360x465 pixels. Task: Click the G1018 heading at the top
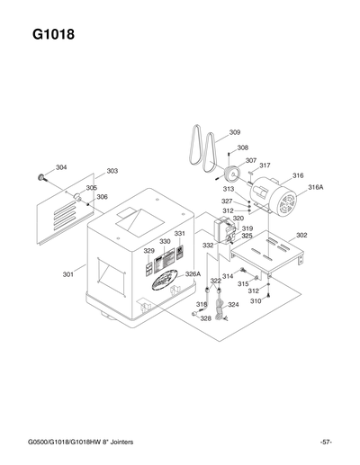click(53, 37)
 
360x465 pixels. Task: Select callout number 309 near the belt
click(235, 133)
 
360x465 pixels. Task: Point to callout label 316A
click(315, 187)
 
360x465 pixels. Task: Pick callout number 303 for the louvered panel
click(112, 171)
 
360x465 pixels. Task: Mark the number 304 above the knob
click(61, 167)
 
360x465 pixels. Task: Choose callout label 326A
click(193, 274)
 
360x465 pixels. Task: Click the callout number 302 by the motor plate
click(301, 236)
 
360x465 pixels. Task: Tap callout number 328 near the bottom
click(206, 318)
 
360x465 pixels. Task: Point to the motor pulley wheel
click(231, 175)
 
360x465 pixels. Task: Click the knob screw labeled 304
click(41, 176)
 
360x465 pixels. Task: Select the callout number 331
click(180, 234)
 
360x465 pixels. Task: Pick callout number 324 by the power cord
click(233, 305)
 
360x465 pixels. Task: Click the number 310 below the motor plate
click(256, 301)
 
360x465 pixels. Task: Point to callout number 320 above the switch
click(238, 219)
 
